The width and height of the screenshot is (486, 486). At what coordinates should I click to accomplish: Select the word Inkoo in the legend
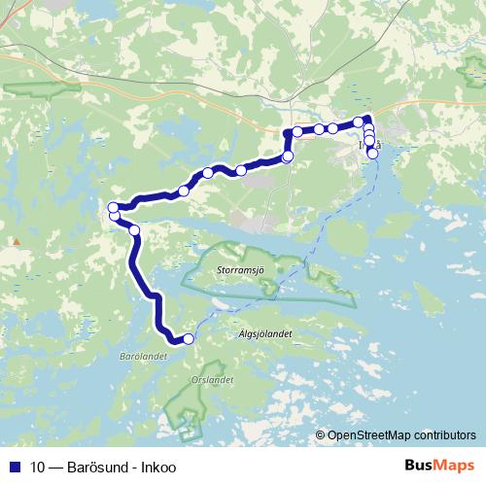click(x=157, y=467)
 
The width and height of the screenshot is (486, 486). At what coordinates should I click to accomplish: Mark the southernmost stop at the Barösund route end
click(x=188, y=338)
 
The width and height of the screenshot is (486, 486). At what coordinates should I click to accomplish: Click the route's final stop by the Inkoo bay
click(x=372, y=154)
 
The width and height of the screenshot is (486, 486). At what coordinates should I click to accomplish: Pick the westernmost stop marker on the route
click(x=113, y=207)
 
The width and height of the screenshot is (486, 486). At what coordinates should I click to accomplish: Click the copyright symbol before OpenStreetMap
click(x=321, y=436)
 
